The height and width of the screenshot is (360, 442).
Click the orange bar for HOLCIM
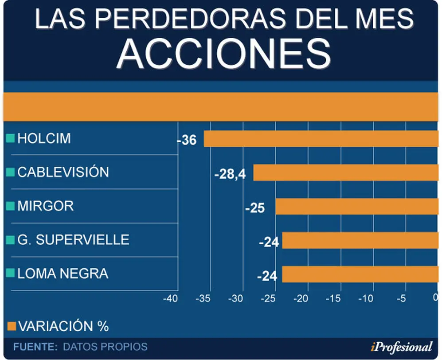pos(321,139)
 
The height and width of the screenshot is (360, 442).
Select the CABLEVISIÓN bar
pos(346,172)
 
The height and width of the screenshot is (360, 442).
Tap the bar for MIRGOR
pos(357,206)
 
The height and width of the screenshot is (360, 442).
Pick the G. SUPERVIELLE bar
pos(360,240)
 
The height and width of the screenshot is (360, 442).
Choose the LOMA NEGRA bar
pos(360,274)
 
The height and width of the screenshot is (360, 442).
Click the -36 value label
pos(187,140)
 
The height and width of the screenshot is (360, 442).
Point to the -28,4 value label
pos(230,174)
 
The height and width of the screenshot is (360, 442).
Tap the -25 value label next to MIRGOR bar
pos(255,208)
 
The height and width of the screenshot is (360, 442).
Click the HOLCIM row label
pos(44,138)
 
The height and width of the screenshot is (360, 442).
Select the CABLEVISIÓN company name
pos(63,172)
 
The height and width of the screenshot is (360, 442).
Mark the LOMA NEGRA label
pos(63,274)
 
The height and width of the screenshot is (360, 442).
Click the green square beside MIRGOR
pos(11,206)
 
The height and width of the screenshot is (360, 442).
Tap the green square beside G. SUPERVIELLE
pos(11,239)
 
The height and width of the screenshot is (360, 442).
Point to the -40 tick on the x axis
pos(171,298)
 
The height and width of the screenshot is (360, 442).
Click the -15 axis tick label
pos(333,298)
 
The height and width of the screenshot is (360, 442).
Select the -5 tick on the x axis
pos(401,298)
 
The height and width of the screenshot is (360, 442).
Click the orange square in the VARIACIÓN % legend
pos(12,326)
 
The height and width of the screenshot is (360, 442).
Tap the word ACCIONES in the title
pos(224,54)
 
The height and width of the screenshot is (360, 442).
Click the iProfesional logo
pos(401,347)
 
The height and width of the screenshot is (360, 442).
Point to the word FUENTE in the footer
pos(35,347)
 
